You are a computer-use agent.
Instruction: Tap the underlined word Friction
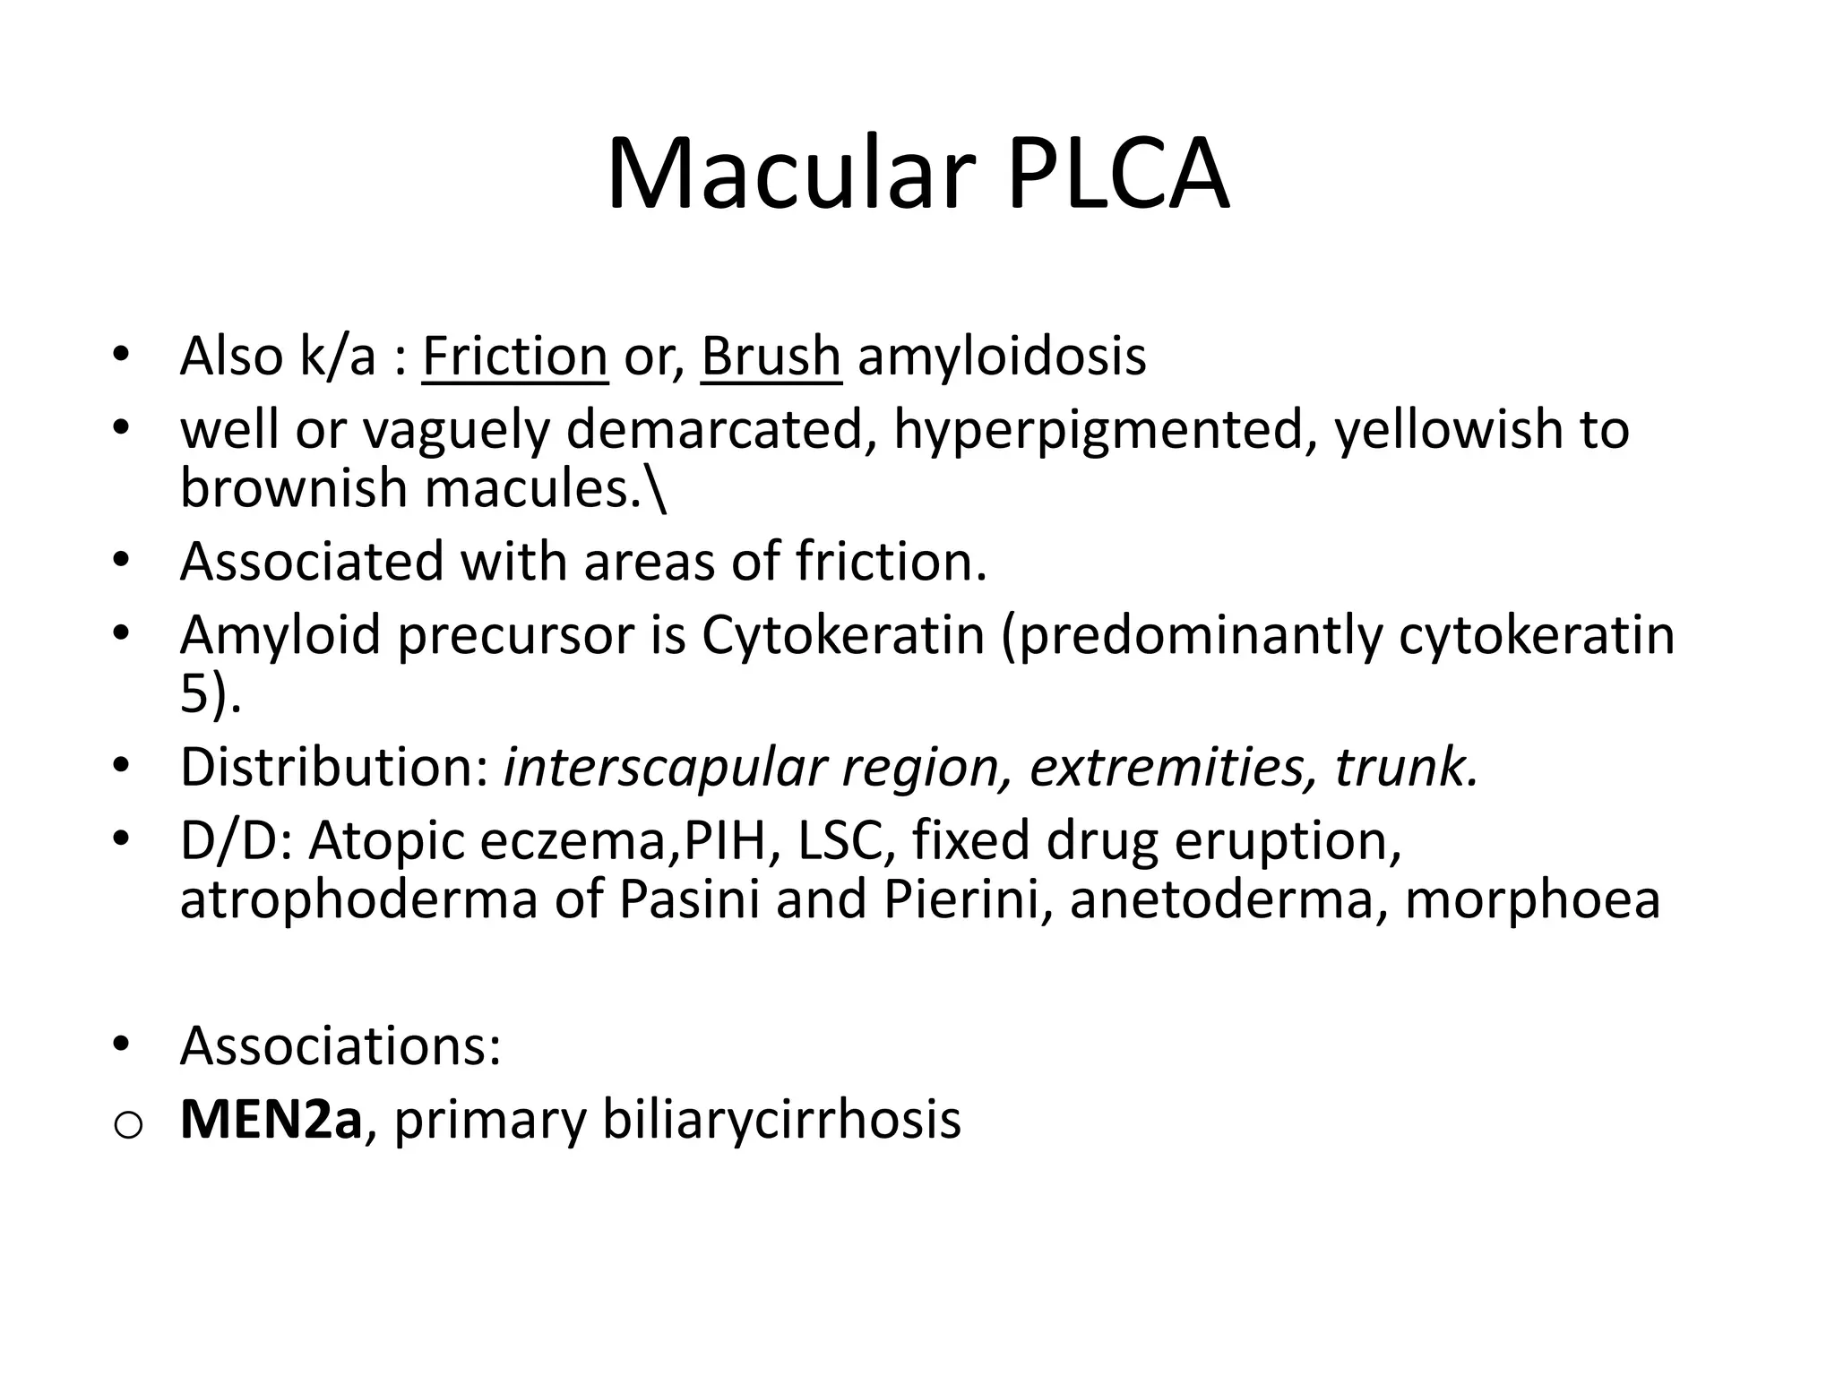[514, 356]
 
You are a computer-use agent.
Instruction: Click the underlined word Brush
[771, 356]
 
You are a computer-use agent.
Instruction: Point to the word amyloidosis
[1002, 356]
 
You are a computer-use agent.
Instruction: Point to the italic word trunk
[1405, 767]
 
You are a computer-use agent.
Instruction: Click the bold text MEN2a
[271, 1119]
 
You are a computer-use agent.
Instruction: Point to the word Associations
[340, 1045]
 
